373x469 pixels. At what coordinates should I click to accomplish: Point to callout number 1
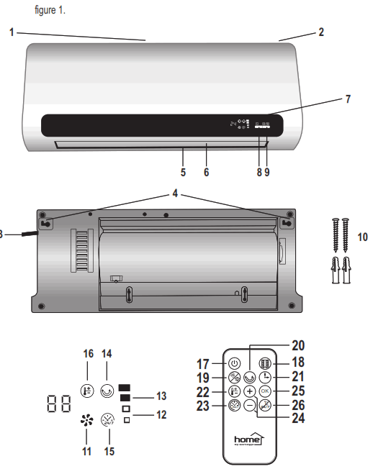12,32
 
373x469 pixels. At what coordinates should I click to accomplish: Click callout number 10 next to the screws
362,236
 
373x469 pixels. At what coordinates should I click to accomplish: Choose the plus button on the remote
249,391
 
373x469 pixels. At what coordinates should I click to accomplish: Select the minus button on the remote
249,406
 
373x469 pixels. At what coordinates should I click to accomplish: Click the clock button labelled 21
266,376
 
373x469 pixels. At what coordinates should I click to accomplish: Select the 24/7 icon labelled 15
108,421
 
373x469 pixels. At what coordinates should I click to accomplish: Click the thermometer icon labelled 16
87,391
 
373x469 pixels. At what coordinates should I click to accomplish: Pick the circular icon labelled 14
108,391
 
